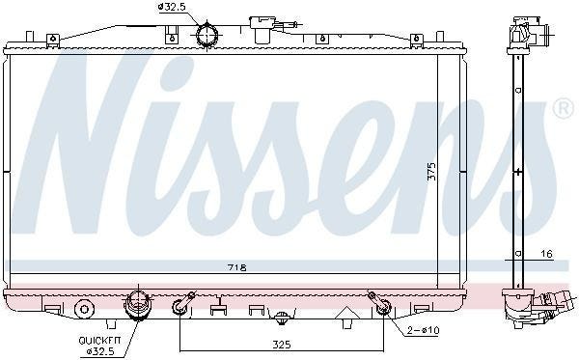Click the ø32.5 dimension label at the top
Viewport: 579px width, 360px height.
coord(171,7)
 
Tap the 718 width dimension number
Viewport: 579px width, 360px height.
coord(237,267)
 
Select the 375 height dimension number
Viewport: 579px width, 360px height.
coord(431,172)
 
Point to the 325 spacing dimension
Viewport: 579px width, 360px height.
coord(282,345)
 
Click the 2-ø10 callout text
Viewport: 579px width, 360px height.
coord(424,330)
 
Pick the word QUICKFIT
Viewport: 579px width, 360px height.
coord(99,341)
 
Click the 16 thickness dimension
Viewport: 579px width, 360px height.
coord(547,254)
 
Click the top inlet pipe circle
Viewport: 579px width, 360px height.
coord(207,36)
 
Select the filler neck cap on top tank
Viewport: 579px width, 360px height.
coord(262,29)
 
